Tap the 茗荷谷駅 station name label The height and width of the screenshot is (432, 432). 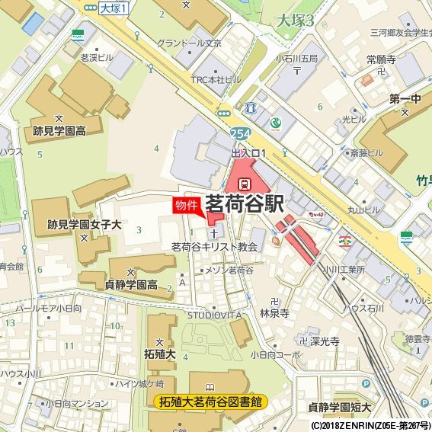(x=244, y=204)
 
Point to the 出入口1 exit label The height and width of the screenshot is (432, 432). (x=248, y=153)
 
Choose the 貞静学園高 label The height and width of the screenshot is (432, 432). (x=131, y=285)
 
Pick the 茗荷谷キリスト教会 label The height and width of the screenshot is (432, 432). (x=214, y=247)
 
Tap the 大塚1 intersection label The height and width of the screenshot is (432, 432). (x=114, y=8)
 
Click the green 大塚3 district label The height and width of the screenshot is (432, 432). (x=296, y=21)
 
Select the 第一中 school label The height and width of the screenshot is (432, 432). (x=405, y=99)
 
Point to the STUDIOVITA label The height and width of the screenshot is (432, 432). (x=214, y=314)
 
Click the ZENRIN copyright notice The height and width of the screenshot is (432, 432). (x=370, y=425)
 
